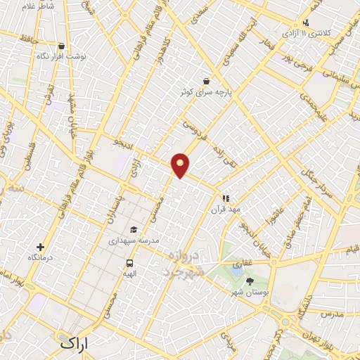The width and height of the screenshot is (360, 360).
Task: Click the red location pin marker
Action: (x=181, y=165)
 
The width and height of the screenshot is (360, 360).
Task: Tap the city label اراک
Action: (x=75, y=345)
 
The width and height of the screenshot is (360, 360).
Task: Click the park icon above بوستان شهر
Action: (x=250, y=281)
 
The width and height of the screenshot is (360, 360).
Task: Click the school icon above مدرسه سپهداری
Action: (x=134, y=229)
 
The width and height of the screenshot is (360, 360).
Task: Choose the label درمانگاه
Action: (x=41, y=258)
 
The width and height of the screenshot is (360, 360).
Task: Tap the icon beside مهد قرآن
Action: (x=226, y=199)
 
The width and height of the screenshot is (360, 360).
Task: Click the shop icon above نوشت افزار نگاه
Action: (x=61, y=46)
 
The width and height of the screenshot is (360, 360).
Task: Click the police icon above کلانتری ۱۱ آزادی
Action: (x=305, y=22)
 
